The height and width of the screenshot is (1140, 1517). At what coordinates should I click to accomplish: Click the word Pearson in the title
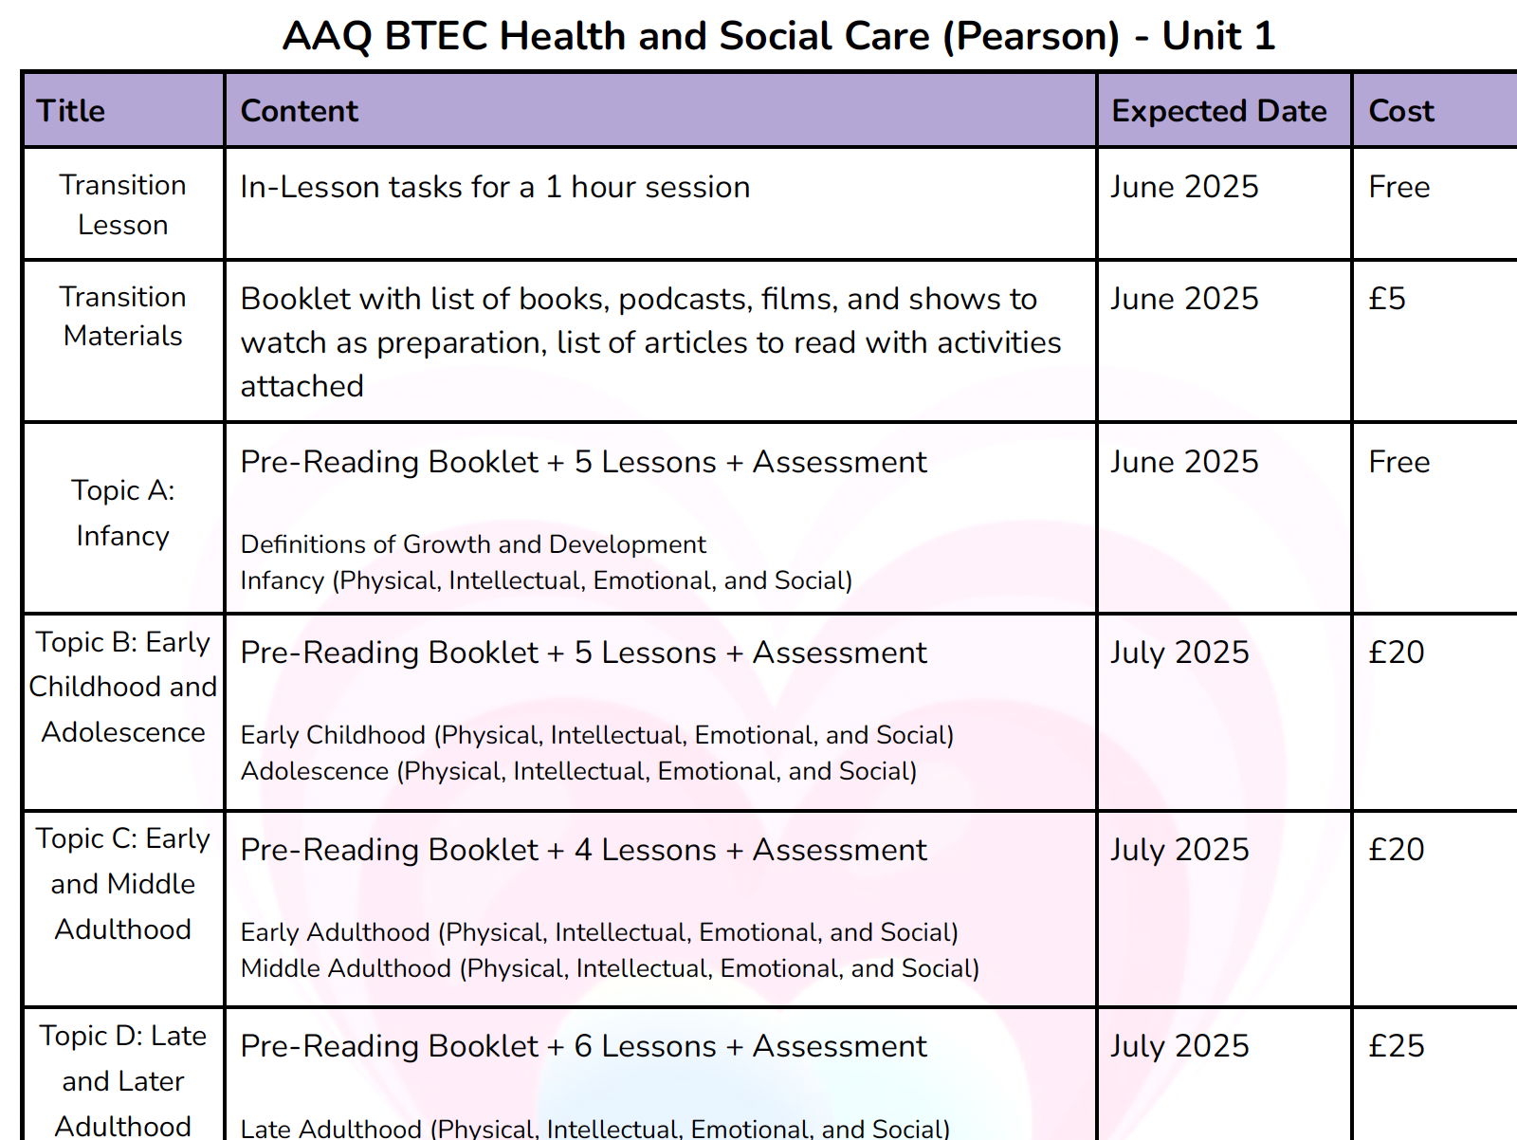1037,37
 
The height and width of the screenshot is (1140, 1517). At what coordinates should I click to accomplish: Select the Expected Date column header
1218,111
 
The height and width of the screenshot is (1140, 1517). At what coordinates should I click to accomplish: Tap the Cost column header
1400,111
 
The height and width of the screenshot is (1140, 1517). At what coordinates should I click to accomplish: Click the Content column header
299,111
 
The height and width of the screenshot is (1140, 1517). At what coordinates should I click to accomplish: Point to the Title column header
70,111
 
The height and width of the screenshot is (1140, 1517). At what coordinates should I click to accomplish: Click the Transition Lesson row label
122,204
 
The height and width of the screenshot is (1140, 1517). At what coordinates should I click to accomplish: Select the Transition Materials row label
122,316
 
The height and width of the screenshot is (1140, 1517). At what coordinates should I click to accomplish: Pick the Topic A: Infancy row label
122,513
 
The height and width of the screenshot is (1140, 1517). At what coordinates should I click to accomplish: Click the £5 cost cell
1386,299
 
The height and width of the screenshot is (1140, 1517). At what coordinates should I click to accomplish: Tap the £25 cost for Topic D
1396,1045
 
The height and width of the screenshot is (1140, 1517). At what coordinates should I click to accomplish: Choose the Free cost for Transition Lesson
1398,187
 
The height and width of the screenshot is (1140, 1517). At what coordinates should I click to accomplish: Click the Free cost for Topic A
1398,462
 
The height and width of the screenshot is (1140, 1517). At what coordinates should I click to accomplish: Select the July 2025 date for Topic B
1179,653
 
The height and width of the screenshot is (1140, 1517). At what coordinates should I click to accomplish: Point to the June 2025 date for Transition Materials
1184,299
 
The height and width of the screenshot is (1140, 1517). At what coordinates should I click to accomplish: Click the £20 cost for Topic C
1396,849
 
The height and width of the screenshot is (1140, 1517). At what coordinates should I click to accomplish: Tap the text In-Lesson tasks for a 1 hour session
495,187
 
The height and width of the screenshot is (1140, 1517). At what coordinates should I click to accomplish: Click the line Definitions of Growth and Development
473,544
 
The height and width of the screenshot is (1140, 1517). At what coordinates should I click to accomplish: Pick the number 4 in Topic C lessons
583,850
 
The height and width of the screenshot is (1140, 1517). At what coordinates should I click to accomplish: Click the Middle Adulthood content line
610,968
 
